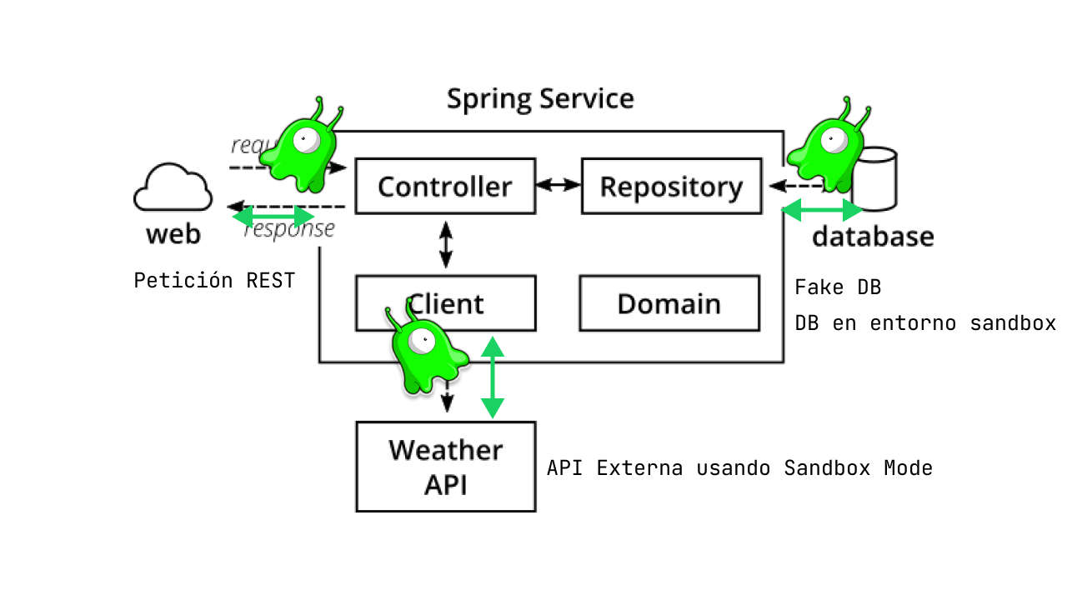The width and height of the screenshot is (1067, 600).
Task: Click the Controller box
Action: click(445, 186)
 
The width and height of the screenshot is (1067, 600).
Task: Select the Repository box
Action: click(671, 186)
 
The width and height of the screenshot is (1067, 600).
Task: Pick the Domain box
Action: click(669, 303)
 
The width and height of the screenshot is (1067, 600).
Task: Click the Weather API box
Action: click(446, 467)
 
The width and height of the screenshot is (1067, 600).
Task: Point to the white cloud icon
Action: click(173, 188)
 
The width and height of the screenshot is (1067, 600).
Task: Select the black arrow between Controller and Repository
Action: click(559, 184)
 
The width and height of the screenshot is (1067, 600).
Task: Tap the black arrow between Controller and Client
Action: click(446, 244)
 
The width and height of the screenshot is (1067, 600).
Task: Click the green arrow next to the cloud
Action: click(273, 217)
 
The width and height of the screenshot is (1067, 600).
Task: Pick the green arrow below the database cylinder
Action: click(821, 210)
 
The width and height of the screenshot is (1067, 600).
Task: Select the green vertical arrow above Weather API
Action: click(493, 377)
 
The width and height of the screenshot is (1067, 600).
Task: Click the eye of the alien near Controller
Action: click(306, 140)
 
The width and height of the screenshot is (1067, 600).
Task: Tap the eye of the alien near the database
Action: click(834, 141)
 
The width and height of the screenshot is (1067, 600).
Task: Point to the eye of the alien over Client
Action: click(422, 339)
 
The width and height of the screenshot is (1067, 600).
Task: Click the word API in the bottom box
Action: click(446, 485)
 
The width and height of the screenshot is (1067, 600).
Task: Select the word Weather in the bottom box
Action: click(446, 450)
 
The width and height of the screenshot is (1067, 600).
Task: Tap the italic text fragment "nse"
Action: click(318, 228)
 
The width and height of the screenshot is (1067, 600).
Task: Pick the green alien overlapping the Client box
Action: click(425, 354)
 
